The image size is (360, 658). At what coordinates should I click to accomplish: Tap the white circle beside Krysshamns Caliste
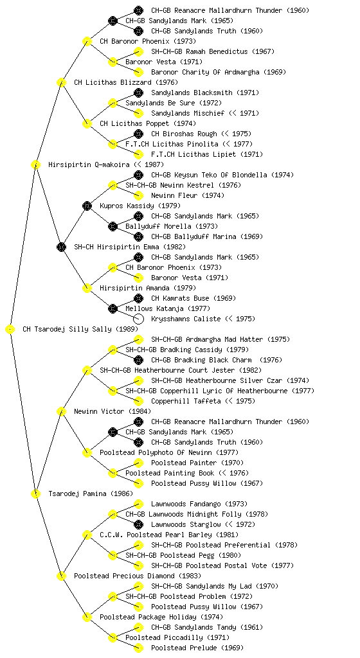pos(138,319)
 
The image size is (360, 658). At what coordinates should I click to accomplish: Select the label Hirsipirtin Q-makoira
pos(89,164)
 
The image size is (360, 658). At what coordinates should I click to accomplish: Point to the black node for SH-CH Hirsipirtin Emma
pos(61,247)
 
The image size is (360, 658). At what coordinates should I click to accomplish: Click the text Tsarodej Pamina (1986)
pos(91,493)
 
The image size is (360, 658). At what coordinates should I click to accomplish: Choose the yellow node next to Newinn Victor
pos(61,411)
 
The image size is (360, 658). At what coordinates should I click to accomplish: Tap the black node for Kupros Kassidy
pos(87,206)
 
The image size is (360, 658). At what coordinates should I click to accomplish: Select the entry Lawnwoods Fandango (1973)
pos(199,504)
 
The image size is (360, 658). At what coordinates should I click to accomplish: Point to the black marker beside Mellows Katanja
pos(113,308)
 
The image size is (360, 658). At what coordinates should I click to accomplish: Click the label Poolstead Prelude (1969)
pos(197,648)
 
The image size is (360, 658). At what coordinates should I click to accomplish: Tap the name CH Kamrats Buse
pos(180,298)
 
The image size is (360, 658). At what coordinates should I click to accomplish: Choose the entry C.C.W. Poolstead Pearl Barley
pos(156,535)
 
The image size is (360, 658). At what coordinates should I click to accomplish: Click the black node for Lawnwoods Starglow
pos(138,524)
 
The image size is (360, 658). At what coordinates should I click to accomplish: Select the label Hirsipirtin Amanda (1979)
pos(148,288)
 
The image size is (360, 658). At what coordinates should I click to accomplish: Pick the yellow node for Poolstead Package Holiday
pos(87,617)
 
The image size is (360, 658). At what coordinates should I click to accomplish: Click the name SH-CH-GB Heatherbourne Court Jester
pos(167,370)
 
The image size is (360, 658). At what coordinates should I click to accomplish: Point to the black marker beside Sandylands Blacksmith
pos(138,93)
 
